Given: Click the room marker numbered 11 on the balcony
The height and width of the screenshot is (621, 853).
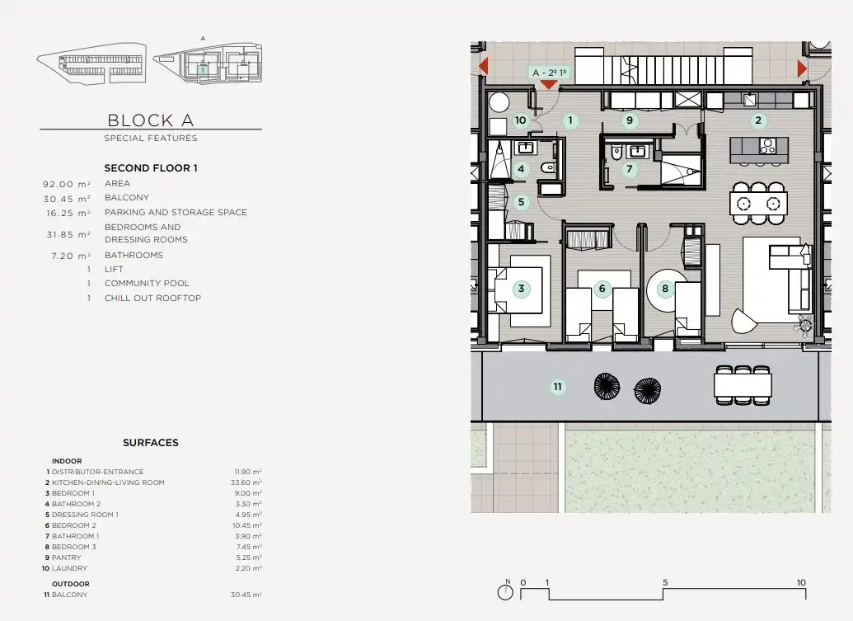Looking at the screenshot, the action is (x=558, y=387).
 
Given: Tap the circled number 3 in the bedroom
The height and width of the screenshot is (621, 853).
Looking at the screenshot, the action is (x=521, y=289).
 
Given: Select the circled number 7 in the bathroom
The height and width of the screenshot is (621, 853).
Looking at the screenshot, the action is (x=630, y=169).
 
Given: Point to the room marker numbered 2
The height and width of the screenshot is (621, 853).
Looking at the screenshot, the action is (x=758, y=120).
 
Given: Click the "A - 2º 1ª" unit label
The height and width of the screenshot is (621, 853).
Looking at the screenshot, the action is (x=550, y=73).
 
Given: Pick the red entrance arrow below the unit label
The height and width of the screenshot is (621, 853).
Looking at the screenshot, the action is (x=549, y=85).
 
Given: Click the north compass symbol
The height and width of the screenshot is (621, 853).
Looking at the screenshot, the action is (x=505, y=591).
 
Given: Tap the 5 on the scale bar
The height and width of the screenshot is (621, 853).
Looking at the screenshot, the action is (x=665, y=582).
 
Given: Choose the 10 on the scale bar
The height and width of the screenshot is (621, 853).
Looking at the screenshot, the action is (x=801, y=582).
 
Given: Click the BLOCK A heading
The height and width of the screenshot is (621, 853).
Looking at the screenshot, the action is (x=151, y=120).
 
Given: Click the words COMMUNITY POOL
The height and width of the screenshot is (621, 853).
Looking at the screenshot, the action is (x=147, y=284).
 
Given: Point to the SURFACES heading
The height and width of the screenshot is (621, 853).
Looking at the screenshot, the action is (x=151, y=443).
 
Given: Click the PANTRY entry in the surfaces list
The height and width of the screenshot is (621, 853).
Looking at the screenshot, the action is (x=67, y=557).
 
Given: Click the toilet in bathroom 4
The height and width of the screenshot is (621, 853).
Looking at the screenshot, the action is (x=548, y=168).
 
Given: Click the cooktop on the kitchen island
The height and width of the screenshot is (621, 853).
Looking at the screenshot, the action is (x=767, y=146).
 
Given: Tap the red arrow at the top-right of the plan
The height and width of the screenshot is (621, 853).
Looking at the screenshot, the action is (x=802, y=68).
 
